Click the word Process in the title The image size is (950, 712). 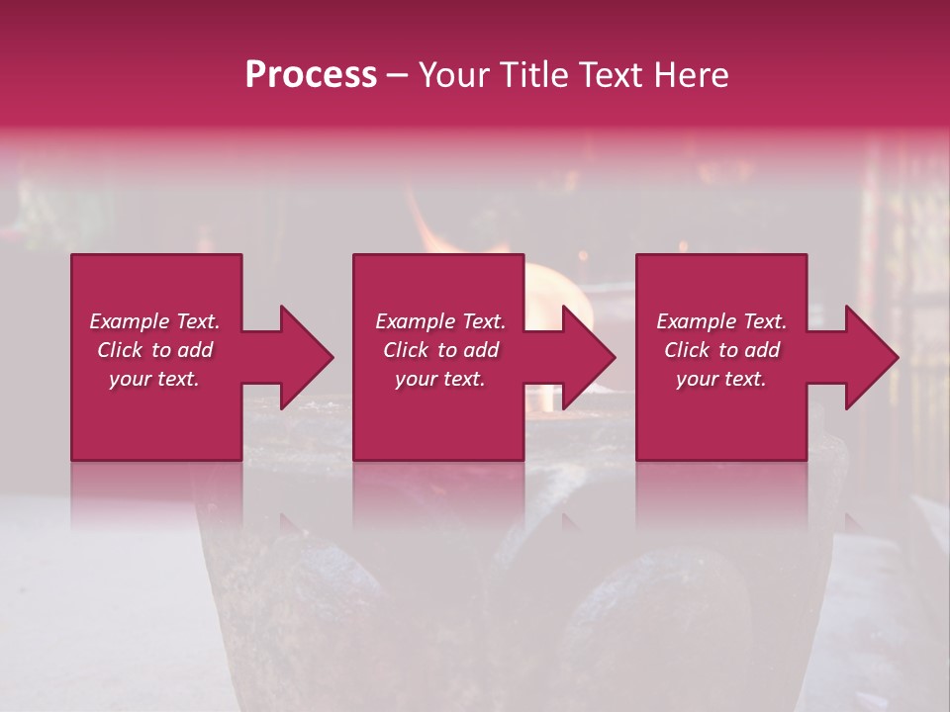(x=311, y=75)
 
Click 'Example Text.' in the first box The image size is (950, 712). (x=154, y=321)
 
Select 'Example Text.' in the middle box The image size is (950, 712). (x=440, y=321)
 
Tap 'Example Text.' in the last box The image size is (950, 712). (x=721, y=321)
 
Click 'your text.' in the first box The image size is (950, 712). (x=154, y=379)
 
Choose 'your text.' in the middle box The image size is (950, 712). (x=440, y=379)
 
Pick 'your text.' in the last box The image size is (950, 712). (x=721, y=379)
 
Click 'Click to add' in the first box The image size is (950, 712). (x=154, y=350)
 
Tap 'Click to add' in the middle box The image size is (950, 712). (x=440, y=350)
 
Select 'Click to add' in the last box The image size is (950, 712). (x=721, y=350)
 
